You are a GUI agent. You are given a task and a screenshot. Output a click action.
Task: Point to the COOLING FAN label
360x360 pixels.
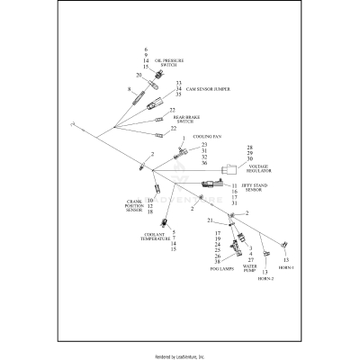point(207,136)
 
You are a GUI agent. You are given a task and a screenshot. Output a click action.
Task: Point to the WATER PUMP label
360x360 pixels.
point(250,268)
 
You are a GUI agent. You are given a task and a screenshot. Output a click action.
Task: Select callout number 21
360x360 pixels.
point(209,220)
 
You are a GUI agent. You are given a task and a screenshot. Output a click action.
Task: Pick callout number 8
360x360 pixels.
point(130,90)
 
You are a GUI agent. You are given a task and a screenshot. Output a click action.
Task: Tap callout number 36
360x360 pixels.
point(205,163)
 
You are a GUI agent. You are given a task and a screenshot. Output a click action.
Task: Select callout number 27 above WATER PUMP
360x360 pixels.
point(250,260)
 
